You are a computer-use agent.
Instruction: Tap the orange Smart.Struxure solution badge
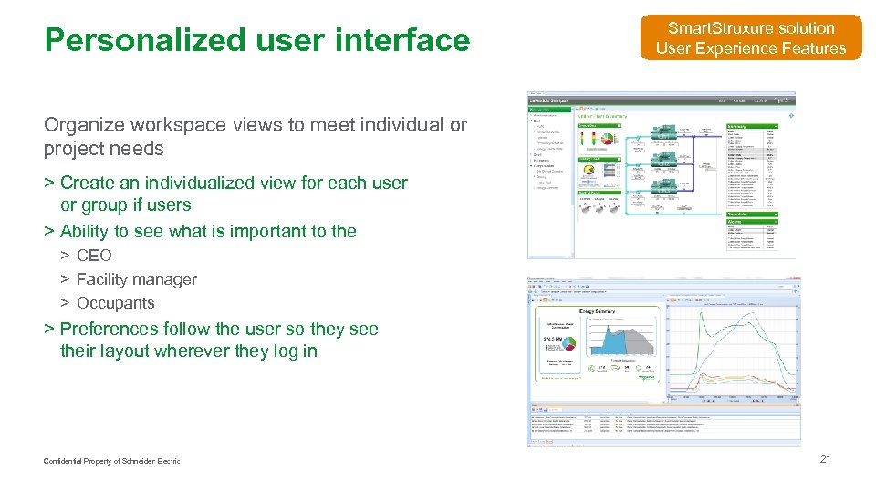coord(750,38)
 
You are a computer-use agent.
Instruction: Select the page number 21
coord(825,459)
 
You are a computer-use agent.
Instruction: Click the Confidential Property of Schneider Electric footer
coord(111,461)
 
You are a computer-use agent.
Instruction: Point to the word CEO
coord(94,256)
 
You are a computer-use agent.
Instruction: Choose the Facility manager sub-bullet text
coord(136,279)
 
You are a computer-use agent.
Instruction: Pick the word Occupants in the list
coord(115,303)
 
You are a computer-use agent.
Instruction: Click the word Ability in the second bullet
coord(84,231)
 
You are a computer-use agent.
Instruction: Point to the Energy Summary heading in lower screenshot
coord(597,311)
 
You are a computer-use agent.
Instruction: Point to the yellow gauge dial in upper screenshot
coord(589,170)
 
